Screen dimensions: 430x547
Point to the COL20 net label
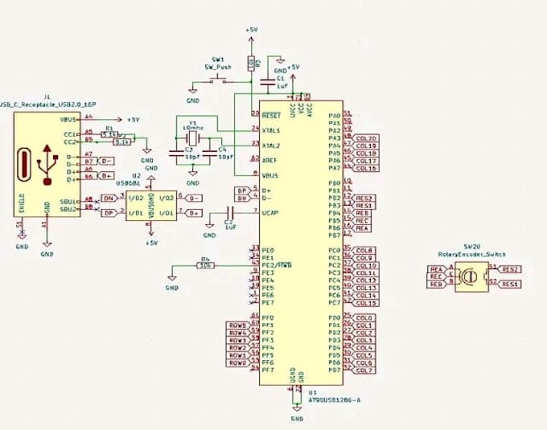click(x=366, y=138)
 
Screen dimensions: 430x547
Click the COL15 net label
click(x=366, y=303)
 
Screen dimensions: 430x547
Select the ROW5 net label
click(x=237, y=326)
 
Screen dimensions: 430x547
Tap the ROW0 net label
click(x=237, y=363)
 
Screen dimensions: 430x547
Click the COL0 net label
click(x=364, y=318)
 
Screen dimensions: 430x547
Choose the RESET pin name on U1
click(x=270, y=116)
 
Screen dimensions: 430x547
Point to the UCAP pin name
click(x=270, y=211)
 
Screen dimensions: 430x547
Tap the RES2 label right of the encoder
click(x=510, y=269)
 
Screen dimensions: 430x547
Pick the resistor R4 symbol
click(x=205, y=264)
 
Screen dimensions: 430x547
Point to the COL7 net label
click(x=364, y=371)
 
